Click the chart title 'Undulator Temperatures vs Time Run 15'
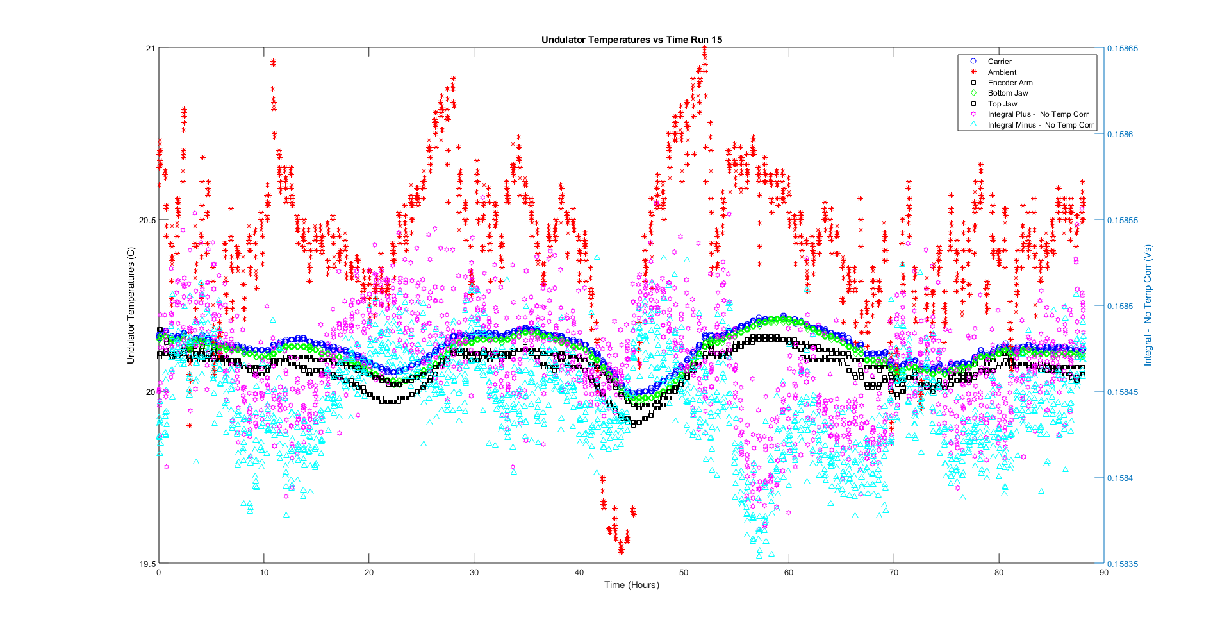point(631,40)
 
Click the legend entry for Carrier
point(999,62)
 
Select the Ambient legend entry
point(1002,72)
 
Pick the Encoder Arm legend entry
point(1010,83)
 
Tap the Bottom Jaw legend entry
point(1007,93)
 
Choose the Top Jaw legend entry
point(1002,104)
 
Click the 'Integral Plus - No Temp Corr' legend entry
point(1037,114)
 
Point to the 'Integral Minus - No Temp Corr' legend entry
point(1040,125)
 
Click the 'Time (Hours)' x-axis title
point(631,585)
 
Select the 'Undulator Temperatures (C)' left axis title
point(131,305)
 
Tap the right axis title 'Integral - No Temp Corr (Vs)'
point(1148,305)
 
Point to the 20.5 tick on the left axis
point(147,220)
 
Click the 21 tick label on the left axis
point(151,48)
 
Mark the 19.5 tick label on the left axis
point(147,564)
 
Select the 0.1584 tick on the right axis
point(1121,478)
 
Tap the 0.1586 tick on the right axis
point(1121,135)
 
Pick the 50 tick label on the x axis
point(684,573)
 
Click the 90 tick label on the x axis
point(1103,573)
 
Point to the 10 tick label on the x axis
point(264,573)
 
